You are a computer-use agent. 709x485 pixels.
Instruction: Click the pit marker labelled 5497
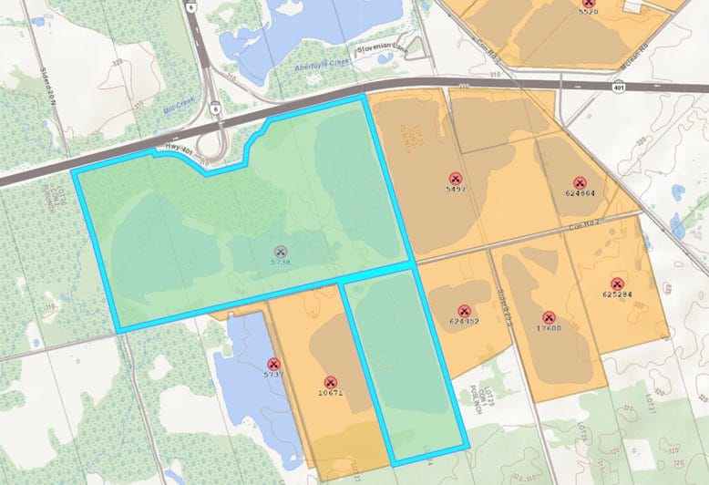455,178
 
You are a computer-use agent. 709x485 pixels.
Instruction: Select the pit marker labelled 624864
580,181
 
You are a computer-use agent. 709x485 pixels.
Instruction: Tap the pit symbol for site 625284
617,283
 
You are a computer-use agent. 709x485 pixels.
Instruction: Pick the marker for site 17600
549,317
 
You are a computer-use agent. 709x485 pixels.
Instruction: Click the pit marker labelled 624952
464,310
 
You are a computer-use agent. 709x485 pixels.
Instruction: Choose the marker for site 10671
330,382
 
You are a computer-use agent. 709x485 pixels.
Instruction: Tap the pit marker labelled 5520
588,4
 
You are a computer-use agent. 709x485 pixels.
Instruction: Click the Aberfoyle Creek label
325,67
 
